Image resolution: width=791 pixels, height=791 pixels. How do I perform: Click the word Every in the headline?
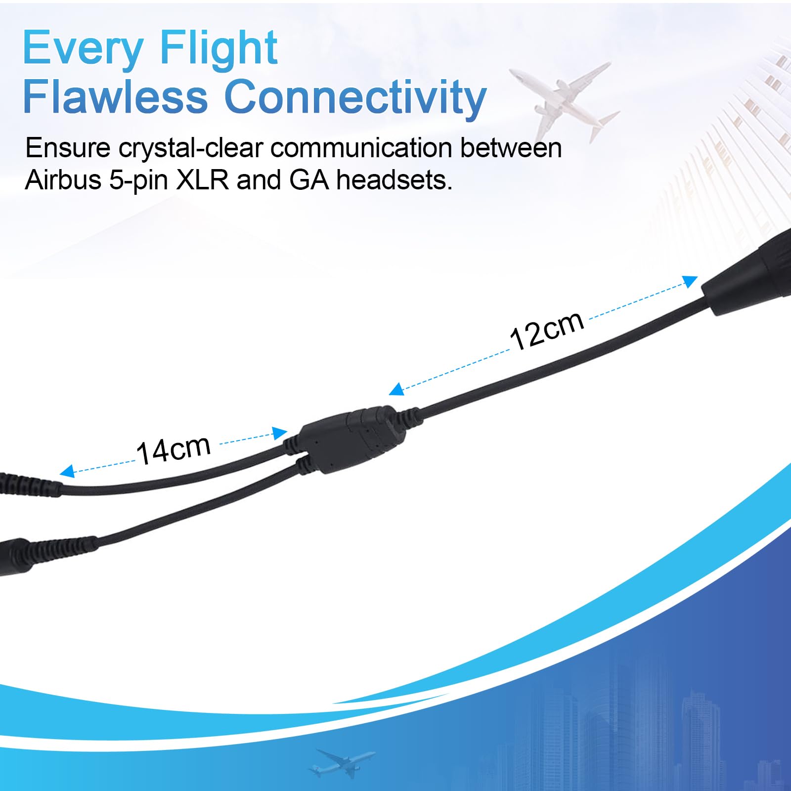83,48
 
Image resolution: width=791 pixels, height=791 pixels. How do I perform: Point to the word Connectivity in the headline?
355,97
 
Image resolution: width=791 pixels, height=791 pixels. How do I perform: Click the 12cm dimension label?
547,330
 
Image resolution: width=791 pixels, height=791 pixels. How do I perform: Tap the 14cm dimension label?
174,450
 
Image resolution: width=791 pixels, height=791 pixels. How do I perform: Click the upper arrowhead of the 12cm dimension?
690,281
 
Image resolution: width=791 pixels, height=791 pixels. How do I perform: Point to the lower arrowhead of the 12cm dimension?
397,389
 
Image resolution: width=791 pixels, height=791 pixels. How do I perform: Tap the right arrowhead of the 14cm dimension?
280,433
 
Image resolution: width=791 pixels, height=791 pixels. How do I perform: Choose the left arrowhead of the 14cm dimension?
67,471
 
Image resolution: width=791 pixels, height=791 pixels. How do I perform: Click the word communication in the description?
362,148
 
